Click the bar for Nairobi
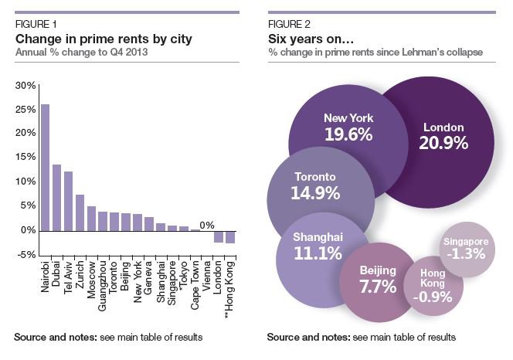45,167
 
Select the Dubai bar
56,197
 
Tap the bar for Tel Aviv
68,201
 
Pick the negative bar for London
218,236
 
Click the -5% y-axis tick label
25,255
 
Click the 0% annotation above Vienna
206,225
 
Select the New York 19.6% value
348,134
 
